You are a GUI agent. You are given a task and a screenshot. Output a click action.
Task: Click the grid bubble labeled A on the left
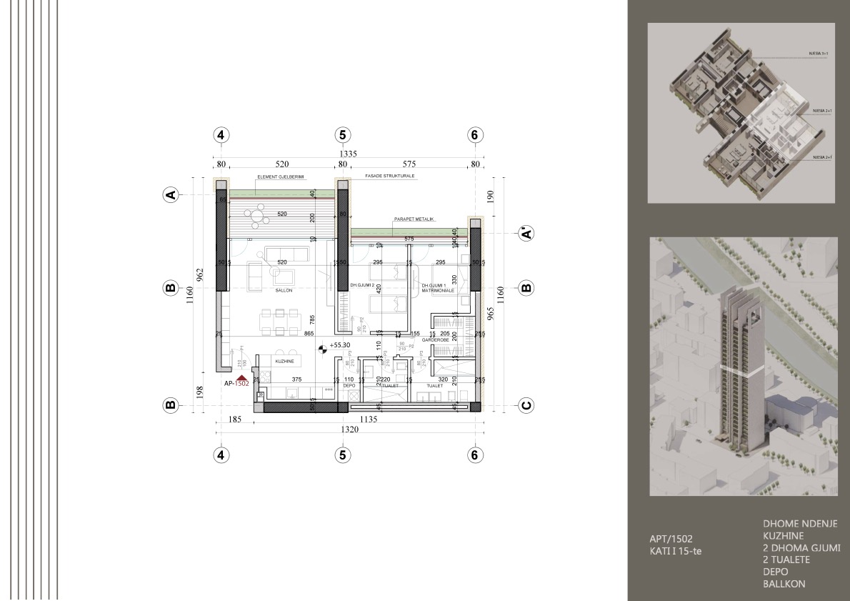(170, 194)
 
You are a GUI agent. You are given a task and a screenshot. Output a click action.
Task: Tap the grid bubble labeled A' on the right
(526, 233)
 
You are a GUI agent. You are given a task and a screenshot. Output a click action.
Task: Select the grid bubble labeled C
(526, 405)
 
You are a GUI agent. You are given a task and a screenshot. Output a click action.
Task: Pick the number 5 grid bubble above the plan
(343, 135)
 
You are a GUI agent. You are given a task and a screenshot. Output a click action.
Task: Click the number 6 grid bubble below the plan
(474, 455)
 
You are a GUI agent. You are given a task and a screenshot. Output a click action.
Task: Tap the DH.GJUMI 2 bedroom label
(363, 285)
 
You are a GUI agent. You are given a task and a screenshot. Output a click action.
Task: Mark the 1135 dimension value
(369, 419)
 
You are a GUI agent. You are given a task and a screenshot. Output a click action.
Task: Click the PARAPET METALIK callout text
(414, 219)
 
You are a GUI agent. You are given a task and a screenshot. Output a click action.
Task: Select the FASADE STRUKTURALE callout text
(389, 176)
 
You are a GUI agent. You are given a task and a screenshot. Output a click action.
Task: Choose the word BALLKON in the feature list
(784, 584)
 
